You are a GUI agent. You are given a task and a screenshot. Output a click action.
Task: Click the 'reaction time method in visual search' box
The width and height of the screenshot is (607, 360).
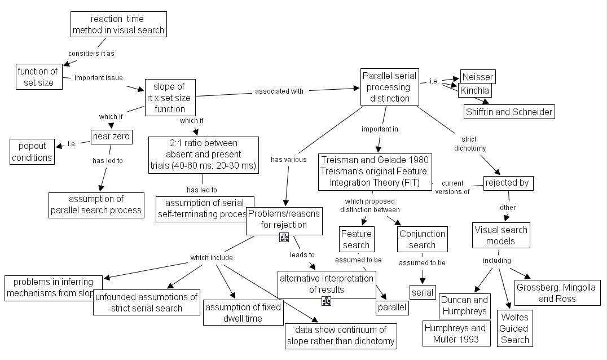tap(119, 25)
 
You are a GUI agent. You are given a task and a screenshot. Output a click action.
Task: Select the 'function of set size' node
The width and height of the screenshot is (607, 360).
tap(38, 77)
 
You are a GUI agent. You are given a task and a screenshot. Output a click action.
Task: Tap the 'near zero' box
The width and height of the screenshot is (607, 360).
tap(112, 137)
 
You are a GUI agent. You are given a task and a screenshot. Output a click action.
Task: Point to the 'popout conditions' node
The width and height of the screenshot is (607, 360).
tap(32, 151)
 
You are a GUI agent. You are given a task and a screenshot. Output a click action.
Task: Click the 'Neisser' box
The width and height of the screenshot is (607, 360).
tap(477, 77)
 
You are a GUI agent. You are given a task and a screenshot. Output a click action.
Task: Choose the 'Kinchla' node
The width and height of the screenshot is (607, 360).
tap(475, 90)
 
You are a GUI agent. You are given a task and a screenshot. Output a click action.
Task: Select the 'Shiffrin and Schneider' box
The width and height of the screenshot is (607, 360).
tap(509, 112)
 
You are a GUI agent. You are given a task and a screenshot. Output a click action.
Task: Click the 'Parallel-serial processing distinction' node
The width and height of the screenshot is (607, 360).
tap(390, 87)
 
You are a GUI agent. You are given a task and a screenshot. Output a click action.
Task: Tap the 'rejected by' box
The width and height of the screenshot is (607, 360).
tap(508, 183)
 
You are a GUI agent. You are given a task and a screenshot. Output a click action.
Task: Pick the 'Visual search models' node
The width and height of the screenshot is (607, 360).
tap(501, 235)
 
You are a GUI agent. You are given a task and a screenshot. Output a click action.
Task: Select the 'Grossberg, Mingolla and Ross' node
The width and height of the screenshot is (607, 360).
tap(557, 293)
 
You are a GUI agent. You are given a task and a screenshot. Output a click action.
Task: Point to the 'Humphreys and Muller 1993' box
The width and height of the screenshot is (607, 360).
tap(455, 333)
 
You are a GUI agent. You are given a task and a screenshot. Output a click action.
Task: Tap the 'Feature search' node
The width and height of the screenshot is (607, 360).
tap(356, 239)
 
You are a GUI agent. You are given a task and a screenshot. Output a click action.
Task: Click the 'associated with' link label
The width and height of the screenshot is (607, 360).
tap(279, 91)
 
